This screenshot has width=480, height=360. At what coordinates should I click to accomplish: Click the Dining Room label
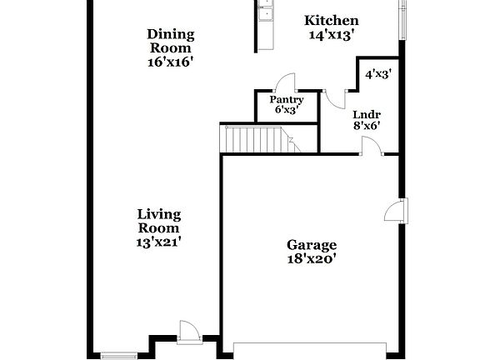(x=171, y=41)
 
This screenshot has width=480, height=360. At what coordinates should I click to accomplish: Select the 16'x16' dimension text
(x=171, y=62)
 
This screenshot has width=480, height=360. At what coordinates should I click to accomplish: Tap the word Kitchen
(x=331, y=21)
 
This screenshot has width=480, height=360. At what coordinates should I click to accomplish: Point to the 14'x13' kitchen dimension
(x=331, y=35)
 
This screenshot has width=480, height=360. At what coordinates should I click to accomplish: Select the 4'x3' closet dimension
(x=378, y=74)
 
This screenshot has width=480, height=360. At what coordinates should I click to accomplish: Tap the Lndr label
(x=367, y=114)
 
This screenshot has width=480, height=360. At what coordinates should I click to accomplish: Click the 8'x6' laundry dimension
(x=367, y=127)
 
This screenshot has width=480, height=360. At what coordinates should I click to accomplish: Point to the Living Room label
(x=158, y=221)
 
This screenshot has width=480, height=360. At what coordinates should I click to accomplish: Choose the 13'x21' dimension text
(x=158, y=242)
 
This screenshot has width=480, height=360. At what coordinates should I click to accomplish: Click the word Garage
(x=312, y=245)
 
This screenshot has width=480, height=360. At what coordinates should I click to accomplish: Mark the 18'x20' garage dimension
(x=312, y=258)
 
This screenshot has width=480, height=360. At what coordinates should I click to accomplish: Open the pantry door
(x=286, y=82)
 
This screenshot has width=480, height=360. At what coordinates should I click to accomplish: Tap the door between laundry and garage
(x=371, y=147)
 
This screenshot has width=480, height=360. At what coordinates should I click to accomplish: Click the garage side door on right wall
(x=394, y=211)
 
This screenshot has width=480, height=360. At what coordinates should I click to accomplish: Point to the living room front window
(x=117, y=356)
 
